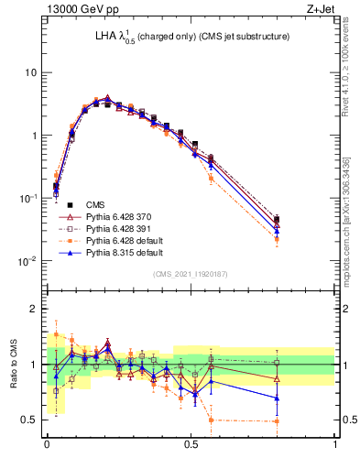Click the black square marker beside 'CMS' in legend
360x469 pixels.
tap(70, 204)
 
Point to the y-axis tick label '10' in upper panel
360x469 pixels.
tap(30, 72)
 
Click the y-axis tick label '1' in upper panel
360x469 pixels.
tap(34, 136)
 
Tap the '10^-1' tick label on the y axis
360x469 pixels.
tap(28, 198)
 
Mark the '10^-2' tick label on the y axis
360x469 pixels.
tap(28, 261)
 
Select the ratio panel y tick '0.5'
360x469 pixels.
tap(30, 420)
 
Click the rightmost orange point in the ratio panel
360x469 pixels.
tap(278, 421)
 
